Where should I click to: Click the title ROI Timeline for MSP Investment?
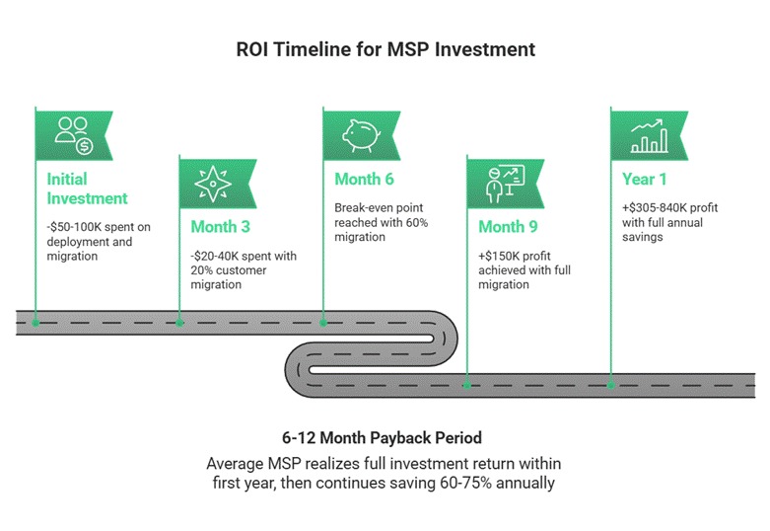(x=384, y=48)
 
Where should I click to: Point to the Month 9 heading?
(x=508, y=226)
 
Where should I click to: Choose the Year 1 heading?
(x=645, y=179)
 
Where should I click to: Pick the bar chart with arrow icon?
(x=648, y=136)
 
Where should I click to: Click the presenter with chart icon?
(x=503, y=183)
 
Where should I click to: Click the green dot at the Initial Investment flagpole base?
(x=35, y=322)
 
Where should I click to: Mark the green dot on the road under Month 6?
(x=323, y=322)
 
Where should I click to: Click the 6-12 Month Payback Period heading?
(x=385, y=436)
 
